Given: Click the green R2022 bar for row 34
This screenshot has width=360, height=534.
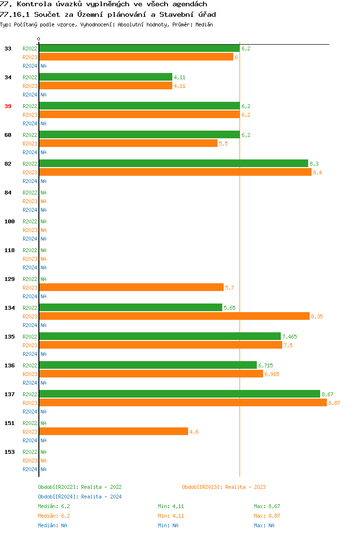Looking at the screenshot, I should [106, 77].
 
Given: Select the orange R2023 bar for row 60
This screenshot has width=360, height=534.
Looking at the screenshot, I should [128, 143].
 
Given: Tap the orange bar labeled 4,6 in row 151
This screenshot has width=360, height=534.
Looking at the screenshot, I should [114, 431].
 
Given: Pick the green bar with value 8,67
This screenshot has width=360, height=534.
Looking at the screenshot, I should [180, 394].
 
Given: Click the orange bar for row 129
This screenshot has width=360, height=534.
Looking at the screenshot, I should [131, 287].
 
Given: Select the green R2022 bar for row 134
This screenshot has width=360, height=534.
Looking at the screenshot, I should [131, 307].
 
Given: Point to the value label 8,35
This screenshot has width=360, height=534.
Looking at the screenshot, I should [317, 316].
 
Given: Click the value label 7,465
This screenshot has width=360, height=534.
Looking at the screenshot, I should [289, 337].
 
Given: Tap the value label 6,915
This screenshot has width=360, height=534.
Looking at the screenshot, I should [272, 374].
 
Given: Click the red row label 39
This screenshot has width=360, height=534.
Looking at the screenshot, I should [8, 106].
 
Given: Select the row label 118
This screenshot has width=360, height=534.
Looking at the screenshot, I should [10, 250].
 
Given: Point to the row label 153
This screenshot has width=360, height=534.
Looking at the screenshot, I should [10, 452].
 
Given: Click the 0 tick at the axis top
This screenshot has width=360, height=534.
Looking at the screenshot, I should [39, 39].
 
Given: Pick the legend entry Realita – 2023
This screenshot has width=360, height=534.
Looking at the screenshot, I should [224, 487].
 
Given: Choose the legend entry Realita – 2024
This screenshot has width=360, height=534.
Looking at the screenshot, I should [80, 497].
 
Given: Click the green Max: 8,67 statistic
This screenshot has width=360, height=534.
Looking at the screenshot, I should [267, 506].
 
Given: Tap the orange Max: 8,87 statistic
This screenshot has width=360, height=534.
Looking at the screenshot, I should [267, 516].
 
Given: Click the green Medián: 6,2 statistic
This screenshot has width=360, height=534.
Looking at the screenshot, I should [54, 506].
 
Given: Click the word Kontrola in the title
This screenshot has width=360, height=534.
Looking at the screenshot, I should [33, 4].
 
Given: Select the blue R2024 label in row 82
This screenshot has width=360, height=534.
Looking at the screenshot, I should [30, 181].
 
